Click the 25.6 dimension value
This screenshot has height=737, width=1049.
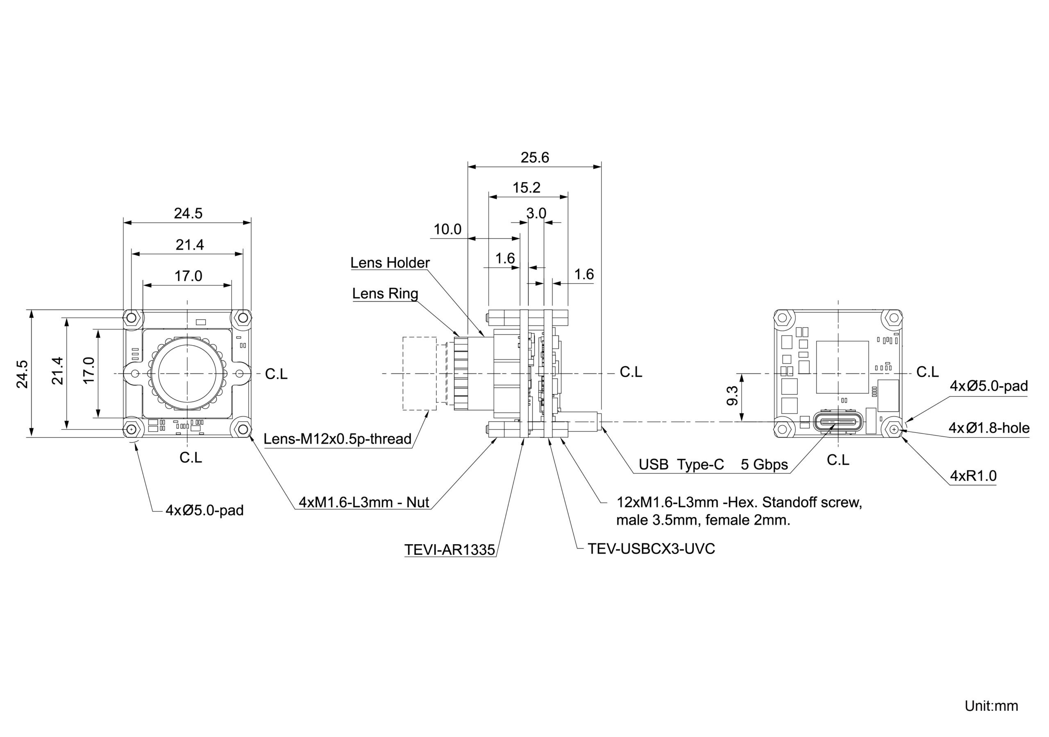click(x=535, y=158)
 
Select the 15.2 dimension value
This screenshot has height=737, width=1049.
click(x=526, y=188)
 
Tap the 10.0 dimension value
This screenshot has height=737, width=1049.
click(x=447, y=229)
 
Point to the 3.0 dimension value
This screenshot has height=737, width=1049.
click(x=536, y=213)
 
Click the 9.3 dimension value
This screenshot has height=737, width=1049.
click(x=732, y=396)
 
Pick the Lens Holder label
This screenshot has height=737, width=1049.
click(x=390, y=262)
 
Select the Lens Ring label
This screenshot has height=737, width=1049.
click(x=385, y=293)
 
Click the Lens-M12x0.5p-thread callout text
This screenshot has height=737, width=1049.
click(x=338, y=439)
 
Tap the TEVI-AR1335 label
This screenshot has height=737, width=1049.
click(x=450, y=550)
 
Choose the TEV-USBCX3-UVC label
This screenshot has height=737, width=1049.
click(x=651, y=548)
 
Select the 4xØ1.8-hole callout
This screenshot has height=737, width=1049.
click(x=989, y=428)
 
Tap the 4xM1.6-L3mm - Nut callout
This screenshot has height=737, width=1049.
click(x=364, y=502)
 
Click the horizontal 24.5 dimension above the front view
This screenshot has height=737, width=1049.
click(x=188, y=213)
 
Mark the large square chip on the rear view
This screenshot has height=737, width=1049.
click(x=842, y=367)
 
